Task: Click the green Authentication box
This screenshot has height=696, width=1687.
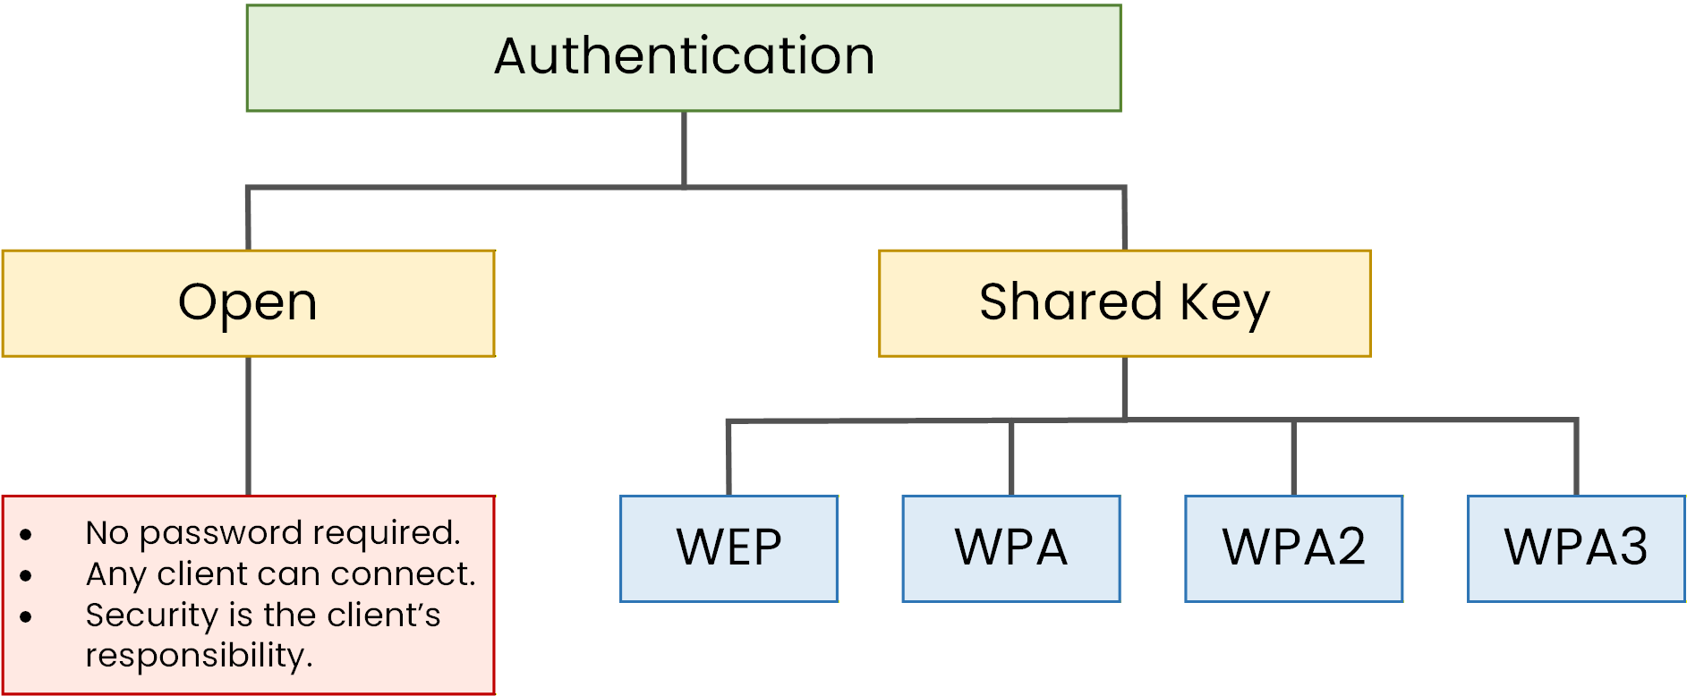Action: point(684,58)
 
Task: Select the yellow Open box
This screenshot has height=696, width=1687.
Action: point(248,303)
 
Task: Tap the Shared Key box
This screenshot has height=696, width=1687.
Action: point(1124,303)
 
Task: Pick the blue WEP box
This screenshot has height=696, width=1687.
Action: point(728,548)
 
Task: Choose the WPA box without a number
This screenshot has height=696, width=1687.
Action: point(1011,548)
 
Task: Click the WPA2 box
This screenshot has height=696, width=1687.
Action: point(1293,548)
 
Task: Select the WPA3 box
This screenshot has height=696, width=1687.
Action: point(1576,548)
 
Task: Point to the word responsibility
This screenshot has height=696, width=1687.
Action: point(199,656)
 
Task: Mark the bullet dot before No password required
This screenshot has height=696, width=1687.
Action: point(26,535)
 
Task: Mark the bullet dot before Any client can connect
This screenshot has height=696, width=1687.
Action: point(26,576)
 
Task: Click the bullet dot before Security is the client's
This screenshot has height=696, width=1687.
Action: point(26,616)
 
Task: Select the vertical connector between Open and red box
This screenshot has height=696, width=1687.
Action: point(248,426)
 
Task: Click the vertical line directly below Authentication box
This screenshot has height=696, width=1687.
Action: point(684,148)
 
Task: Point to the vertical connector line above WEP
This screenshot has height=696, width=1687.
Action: point(728,458)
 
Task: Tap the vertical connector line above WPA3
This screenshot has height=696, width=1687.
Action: point(1576,456)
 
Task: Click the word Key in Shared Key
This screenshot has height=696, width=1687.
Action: point(1224,303)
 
